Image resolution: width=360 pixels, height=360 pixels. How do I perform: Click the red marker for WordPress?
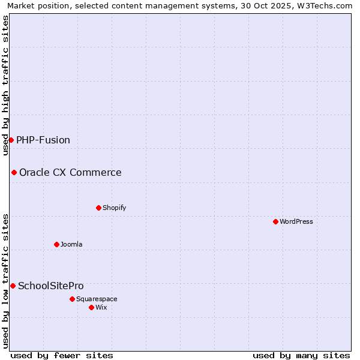[275, 221]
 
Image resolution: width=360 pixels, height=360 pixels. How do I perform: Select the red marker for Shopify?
[98, 208]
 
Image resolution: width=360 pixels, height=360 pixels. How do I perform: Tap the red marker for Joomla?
[56, 244]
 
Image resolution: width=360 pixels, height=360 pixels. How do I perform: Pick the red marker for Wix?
[91, 307]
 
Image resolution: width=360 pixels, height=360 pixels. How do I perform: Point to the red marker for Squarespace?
[72, 299]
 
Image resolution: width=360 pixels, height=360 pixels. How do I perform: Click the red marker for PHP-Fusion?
[11, 140]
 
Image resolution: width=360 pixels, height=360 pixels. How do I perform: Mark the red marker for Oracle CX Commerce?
[14, 172]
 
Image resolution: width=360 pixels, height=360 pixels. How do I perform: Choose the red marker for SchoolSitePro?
[13, 286]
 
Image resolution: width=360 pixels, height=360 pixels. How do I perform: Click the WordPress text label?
[296, 221]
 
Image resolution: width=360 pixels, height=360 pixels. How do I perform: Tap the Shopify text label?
[114, 208]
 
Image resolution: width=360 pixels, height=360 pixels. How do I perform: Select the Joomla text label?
[71, 244]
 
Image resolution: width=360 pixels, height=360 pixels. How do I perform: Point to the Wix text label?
[101, 307]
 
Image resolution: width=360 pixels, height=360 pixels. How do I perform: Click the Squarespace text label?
[97, 299]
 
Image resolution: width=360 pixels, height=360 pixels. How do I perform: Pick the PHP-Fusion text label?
[43, 140]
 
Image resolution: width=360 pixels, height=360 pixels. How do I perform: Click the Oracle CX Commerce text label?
[70, 173]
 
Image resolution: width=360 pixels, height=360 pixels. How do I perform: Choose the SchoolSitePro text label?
[51, 286]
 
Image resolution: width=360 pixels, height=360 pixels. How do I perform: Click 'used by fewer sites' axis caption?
[62, 355]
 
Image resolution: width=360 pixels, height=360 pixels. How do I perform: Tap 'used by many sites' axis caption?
[301, 355]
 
